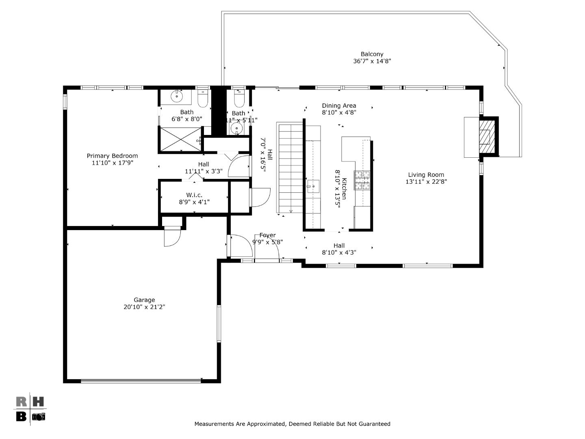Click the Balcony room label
[x=372, y=54]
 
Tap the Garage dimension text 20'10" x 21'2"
[x=144, y=307]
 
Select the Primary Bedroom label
[x=112, y=156]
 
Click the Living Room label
[x=426, y=175]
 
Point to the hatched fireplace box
[x=485, y=137]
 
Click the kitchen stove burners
[x=362, y=180]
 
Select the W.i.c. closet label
[x=194, y=195]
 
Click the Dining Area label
[x=339, y=106]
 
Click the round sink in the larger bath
[x=177, y=97]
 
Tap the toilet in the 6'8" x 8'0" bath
[x=203, y=99]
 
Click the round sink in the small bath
[x=236, y=129]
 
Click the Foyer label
[x=267, y=235]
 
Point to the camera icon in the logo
[x=39, y=417]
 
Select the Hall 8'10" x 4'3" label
[x=339, y=246]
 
